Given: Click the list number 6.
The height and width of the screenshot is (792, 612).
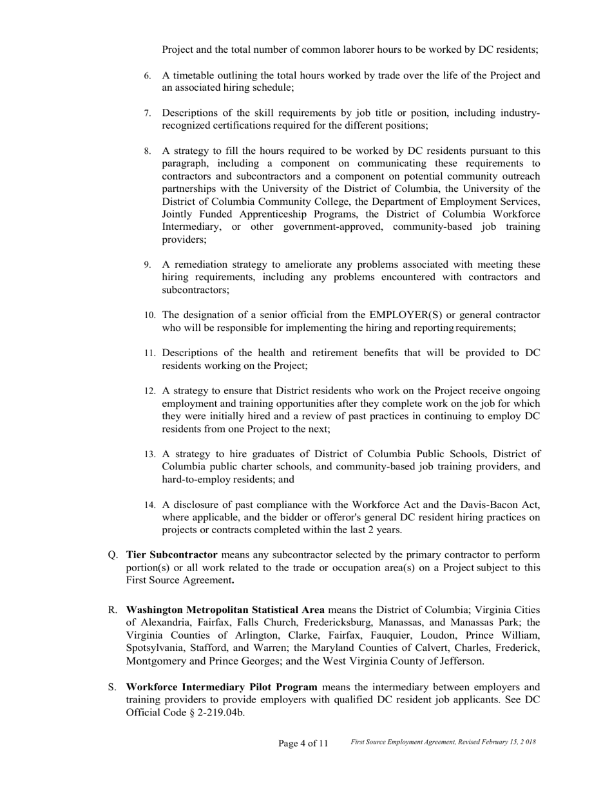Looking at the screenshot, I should click(148, 76).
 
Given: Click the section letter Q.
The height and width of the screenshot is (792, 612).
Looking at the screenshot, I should click(113, 555).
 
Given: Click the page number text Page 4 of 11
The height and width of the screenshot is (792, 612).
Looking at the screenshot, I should click(303, 744).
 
